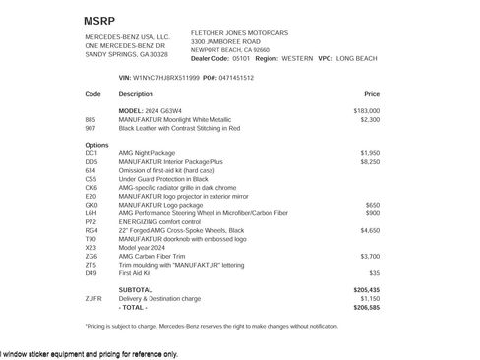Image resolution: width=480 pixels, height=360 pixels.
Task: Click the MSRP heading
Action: [100, 20]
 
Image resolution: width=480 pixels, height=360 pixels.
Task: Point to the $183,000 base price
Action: [366, 110]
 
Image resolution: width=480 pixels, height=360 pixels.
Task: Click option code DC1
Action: [91, 153]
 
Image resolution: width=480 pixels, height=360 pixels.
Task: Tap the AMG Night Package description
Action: [151, 153]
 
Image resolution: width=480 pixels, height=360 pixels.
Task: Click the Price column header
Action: [372, 94]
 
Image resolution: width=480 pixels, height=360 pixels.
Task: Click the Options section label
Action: [96, 145]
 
